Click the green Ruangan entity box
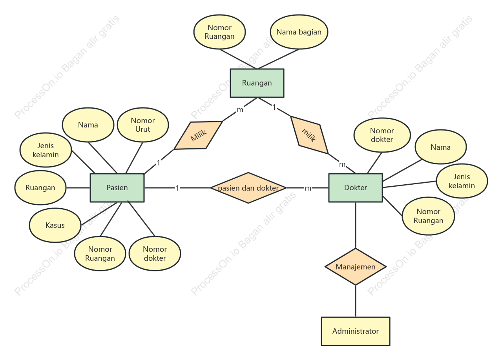[x=257, y=83]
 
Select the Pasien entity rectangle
[x=117, y=187]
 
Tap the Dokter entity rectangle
[x=356, y=187]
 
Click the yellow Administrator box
[x=356, y=331]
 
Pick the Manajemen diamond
[x=356, y=267]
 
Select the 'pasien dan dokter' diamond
[x=248, y=188]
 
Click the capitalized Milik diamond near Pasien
[x=198, y=135]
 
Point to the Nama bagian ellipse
[x=299, y=32]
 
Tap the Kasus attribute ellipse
[x=55, y=225]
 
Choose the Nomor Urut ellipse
[x=143, y=125]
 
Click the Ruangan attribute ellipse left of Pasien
[x=40, y=187]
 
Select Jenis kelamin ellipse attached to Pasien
[x=46, y=150]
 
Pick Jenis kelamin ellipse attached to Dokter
[x=462, y=181]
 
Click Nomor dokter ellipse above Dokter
[x=382, y=135]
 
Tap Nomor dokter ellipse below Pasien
[x=155, y=254]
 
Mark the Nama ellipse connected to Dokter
[x=441, y=147]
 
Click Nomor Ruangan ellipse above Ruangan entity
[x=220, y=32]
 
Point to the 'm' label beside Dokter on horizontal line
[x=308, y=188]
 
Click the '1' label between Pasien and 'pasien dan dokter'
[x=177, y=188]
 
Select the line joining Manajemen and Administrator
[x=356, y=301]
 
